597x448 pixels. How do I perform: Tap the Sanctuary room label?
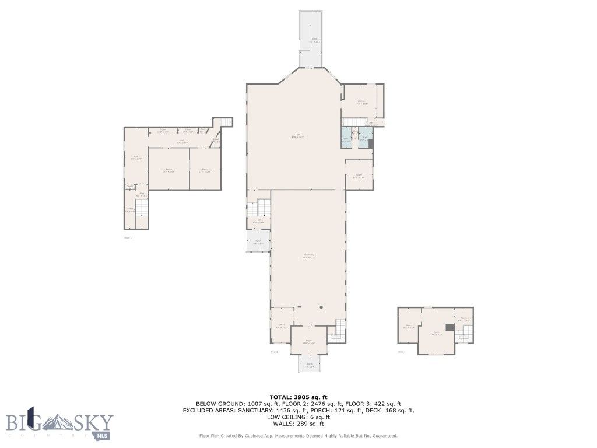coord(309,256)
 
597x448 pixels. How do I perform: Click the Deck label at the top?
coord(314,40)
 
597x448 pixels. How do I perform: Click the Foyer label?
coord(308,342)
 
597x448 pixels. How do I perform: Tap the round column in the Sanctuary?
coord(321,307)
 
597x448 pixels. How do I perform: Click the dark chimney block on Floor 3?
coord(449,327)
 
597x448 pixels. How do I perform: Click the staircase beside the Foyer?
coord(338,331)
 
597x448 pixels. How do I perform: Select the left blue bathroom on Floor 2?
coord(346,139)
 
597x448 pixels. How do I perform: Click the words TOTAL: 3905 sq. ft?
coord(298,397)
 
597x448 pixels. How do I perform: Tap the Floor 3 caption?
coord(402,352)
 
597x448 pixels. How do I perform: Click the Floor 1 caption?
coord(128,237)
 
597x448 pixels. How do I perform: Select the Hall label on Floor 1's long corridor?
coord(181,141)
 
